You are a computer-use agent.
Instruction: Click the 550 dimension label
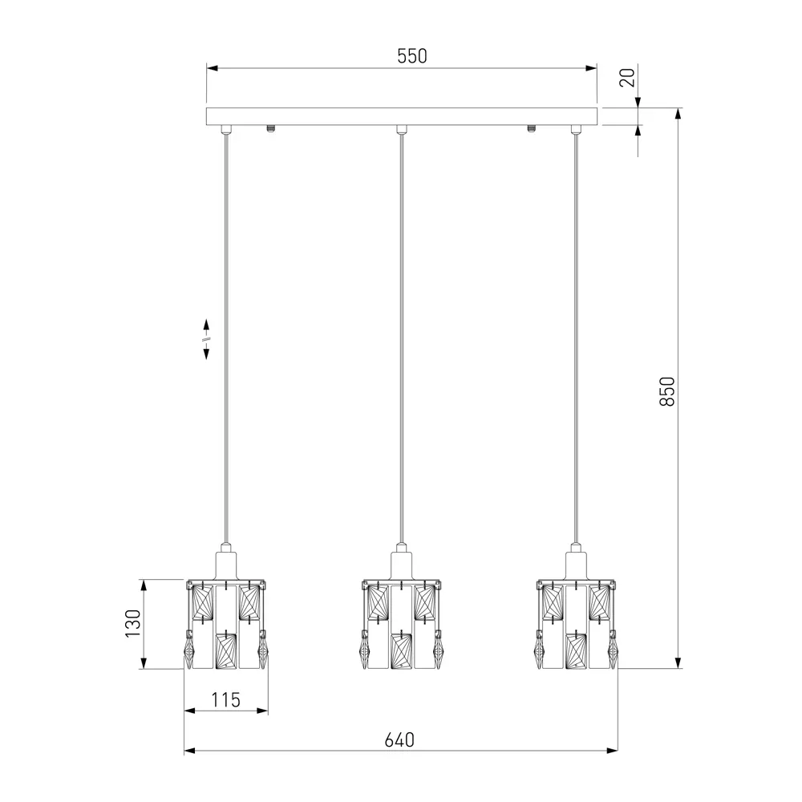(411, 56)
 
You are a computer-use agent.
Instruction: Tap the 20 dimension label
(627, 77)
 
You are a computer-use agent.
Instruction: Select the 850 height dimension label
(667, 392)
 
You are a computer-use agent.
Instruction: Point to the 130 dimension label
(133, 623)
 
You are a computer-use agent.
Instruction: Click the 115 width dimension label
(225, 699)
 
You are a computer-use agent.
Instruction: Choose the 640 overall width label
(399, 740)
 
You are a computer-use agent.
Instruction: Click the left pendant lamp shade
(226, 625)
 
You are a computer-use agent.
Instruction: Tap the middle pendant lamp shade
(402, 625)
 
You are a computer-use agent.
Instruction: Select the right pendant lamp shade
(577, 625)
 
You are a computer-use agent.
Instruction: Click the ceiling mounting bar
(402, 116)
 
